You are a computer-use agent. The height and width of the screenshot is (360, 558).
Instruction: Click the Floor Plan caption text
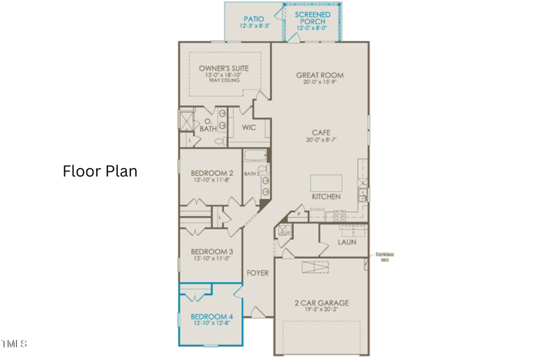(x=100, y=171)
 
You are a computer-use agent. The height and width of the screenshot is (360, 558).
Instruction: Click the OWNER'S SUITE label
(x=223, y=68)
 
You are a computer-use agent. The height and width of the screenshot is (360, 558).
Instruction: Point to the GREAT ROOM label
(x=319, y=75)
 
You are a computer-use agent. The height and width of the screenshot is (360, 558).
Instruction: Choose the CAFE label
(x=321, y=133)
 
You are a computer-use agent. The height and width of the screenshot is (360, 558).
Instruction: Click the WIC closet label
(x=249, y=128)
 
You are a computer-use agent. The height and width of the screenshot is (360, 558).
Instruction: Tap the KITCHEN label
(x=326, y=197)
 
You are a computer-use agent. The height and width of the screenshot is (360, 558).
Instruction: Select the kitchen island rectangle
(x=326, y=183)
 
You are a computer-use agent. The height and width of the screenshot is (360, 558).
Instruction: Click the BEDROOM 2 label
(x=212, y=173)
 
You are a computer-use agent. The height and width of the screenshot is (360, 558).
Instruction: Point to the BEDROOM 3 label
(x=212, y=252)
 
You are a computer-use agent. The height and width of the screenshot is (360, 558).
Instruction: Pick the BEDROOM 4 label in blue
(x=212, y=317)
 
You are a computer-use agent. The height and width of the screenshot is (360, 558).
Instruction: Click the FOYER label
(x=257, y=273)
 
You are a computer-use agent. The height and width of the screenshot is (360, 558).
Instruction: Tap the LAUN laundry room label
(x=347, y=242)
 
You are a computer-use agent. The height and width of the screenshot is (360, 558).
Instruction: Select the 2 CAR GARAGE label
(x=322, y=303)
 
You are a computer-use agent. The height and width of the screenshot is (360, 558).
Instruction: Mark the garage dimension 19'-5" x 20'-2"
(x=322, y=310)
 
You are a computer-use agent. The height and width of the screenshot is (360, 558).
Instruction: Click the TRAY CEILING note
(x=223, y=81)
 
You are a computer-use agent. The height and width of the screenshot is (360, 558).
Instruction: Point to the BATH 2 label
(x=251, y=174)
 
